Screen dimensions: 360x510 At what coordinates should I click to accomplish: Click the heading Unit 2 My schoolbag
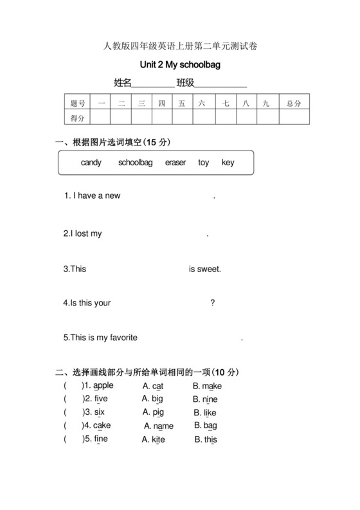coord(180,65)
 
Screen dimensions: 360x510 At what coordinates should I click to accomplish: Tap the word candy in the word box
coord(91,163)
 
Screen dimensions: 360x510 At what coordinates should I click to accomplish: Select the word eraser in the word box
coord(175,163)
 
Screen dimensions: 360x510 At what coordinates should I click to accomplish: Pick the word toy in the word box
coord(204,163)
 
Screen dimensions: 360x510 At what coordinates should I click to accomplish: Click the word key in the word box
coord(228,163)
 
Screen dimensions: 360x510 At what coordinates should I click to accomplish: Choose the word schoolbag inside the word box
coord(135,163)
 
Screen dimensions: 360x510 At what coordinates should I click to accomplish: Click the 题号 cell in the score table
coord(78,103)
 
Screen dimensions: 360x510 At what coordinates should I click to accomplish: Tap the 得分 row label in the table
coord(78,118)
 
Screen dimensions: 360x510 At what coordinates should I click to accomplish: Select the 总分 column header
coord(294,103)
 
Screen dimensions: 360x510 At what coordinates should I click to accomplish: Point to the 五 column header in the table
coord(182,103)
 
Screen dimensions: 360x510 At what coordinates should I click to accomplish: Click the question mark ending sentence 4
coord(213,303)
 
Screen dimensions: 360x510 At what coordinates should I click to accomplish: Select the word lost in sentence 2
coord(82,234)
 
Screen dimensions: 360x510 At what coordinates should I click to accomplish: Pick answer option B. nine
coord(205,399)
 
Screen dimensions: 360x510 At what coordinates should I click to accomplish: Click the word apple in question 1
coord(103,386)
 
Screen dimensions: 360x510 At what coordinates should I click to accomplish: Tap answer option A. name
coord(158,426)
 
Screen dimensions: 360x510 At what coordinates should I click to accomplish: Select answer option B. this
coord(206,440)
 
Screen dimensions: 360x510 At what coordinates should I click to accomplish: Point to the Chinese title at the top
coord(180,45)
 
